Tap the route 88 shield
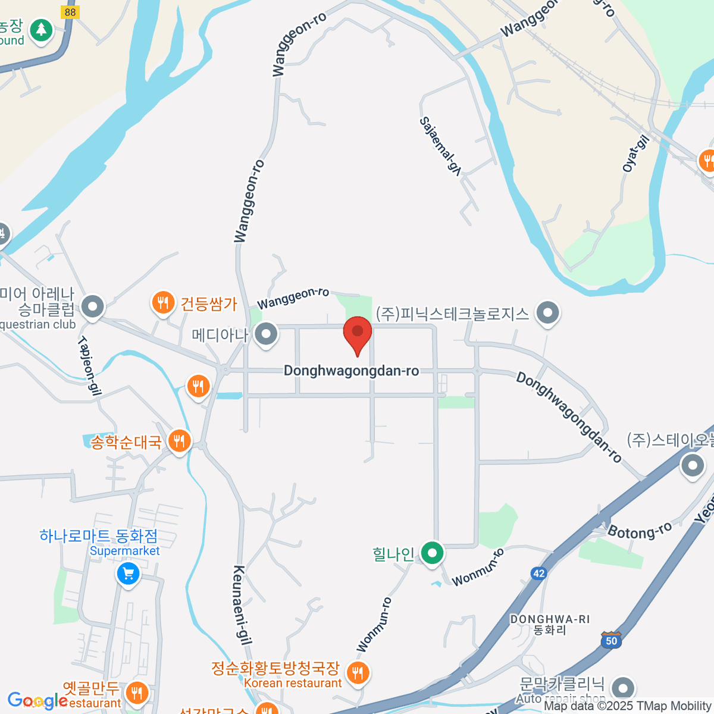click(x=70, y=12)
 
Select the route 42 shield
click(x=538, y=573)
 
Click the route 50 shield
click(x=612, y=640)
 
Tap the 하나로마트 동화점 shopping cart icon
click(x=129, y=574)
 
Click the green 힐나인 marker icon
click(x=432, y=553)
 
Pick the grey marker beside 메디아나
click(x=266, y=334)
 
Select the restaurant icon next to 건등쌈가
click(x=162, y=303)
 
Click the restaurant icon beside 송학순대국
click(x=179, y=441)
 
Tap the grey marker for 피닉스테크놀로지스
click(x=547, y=312)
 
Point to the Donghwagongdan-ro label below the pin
click(x=351, y=371)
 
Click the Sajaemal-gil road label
click(x=441, y=146)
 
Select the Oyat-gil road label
click(x=635, y=154)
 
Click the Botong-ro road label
click(x=640, y=530)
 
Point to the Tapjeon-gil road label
click(x=89, y=365)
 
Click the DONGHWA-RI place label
click(x=550, y=619)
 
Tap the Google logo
click(x=37, y=701)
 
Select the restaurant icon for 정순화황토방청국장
click(x=357, y=674)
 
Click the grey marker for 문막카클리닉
click(x=623, y=688)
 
